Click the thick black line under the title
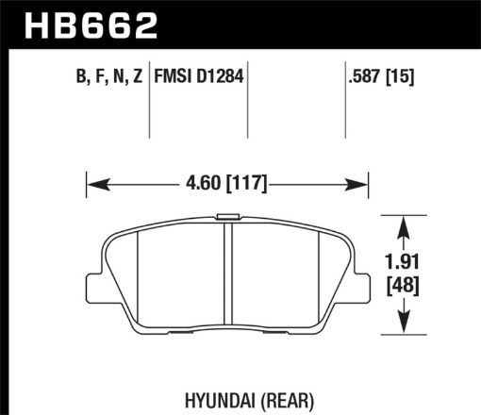[x=240, y=44]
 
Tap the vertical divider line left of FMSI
[x=153, y=104]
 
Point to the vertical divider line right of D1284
[x=248, y=104]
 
